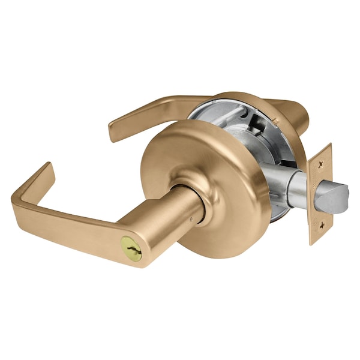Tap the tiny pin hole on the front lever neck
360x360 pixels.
click(x=191, y=220)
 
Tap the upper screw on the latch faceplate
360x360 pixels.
click(x=322, y=163)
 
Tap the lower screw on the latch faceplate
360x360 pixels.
click(x=322, y=226)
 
